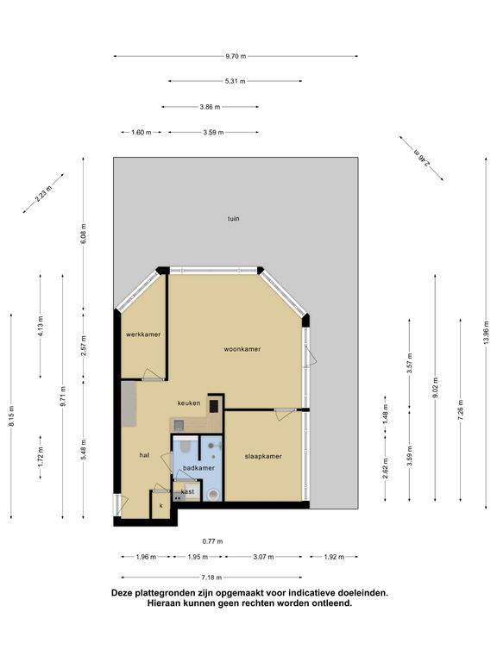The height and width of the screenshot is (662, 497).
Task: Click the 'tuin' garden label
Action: [234, 219]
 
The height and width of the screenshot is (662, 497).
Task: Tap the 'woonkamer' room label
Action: [242, 349]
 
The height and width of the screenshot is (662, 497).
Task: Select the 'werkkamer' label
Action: [143, 334]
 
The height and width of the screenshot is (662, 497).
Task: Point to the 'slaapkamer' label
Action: [263, 456]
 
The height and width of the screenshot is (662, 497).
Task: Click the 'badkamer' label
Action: [198, 468]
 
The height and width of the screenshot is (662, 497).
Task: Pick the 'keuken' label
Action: [189, 403]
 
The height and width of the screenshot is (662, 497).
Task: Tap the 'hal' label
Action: [144, 455]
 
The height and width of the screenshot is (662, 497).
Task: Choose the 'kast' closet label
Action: [187, 491]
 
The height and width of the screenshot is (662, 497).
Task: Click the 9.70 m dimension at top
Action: [236, 56]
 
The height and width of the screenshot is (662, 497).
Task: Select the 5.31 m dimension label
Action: [236, 81]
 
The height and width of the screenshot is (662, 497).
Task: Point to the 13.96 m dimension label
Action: [487, 332]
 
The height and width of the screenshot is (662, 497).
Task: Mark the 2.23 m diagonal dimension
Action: [43, 194]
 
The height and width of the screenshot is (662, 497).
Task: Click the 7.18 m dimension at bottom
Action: [211, 578]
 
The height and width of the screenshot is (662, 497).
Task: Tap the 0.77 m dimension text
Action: [212, 541]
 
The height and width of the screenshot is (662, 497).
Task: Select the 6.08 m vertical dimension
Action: [84, 234]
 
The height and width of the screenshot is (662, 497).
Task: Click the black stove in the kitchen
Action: [213, 406]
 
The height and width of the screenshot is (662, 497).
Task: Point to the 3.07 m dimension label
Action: [263, 557]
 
